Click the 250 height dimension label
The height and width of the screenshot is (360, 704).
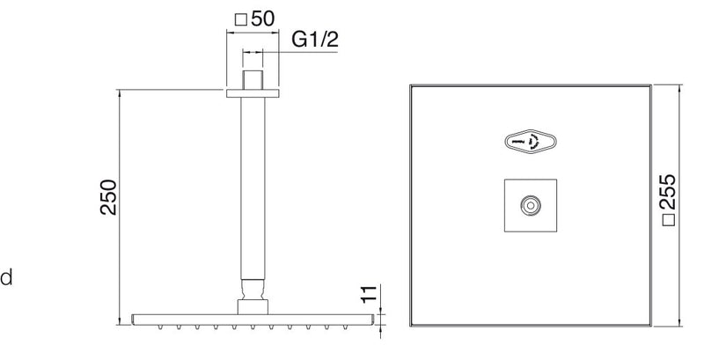[108, 197]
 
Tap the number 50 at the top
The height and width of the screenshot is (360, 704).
[262, 18]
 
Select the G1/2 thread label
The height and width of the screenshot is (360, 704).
[315, 40]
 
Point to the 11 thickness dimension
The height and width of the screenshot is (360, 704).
[368, 295]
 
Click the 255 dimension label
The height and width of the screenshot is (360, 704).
[668, 192]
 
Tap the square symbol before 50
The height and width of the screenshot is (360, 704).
[241, 19]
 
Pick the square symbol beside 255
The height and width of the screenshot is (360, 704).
[669, 220]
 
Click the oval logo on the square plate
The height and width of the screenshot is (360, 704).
[531, 143]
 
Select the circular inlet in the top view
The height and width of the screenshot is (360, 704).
[531, 206]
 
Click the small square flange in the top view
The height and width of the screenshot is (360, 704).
[531, 206]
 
